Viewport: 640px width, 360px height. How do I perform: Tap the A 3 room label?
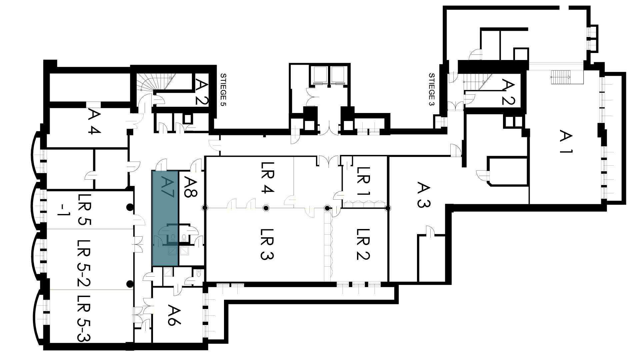click(x=423, y=195)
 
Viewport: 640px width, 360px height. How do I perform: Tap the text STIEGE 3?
click(x=432, y=89)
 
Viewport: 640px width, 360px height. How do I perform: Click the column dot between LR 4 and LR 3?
click(x=266, y=208)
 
